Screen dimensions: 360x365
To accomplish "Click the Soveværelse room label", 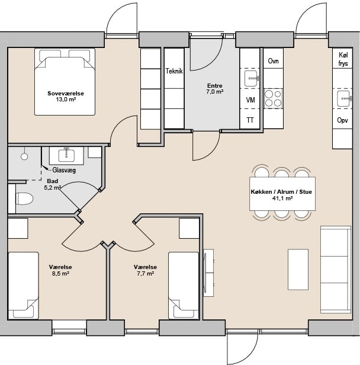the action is click(66, 94).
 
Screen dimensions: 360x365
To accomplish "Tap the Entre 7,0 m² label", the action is click(215, 88).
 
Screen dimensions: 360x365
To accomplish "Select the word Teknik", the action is click(174, 71).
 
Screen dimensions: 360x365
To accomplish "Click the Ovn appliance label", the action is click(273, 61).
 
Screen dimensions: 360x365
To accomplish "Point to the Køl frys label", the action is click(343, 59).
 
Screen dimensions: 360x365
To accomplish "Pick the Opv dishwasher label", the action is click(343, 120).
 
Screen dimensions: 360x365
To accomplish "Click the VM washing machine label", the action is click(250, 100).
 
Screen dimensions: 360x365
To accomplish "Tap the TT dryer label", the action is click(250, 120).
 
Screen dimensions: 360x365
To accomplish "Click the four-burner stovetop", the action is click(273, 98).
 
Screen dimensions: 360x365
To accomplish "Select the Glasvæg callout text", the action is click(64, 170).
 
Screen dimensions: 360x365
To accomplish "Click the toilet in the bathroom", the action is click(24, 199).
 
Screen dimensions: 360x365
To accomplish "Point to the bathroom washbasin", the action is click(66, 155).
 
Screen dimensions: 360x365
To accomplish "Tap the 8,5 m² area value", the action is click(61, 273).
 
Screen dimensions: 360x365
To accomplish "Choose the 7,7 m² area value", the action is click(145, 273).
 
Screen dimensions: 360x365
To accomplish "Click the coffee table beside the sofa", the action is click(298, 270).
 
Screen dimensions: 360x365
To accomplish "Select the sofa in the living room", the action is click(336, 270).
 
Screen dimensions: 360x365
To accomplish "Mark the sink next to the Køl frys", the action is click(344, 99).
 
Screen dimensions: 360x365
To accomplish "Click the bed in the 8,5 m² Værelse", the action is click(23, 286).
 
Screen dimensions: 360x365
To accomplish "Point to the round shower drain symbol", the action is click(24, 156).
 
